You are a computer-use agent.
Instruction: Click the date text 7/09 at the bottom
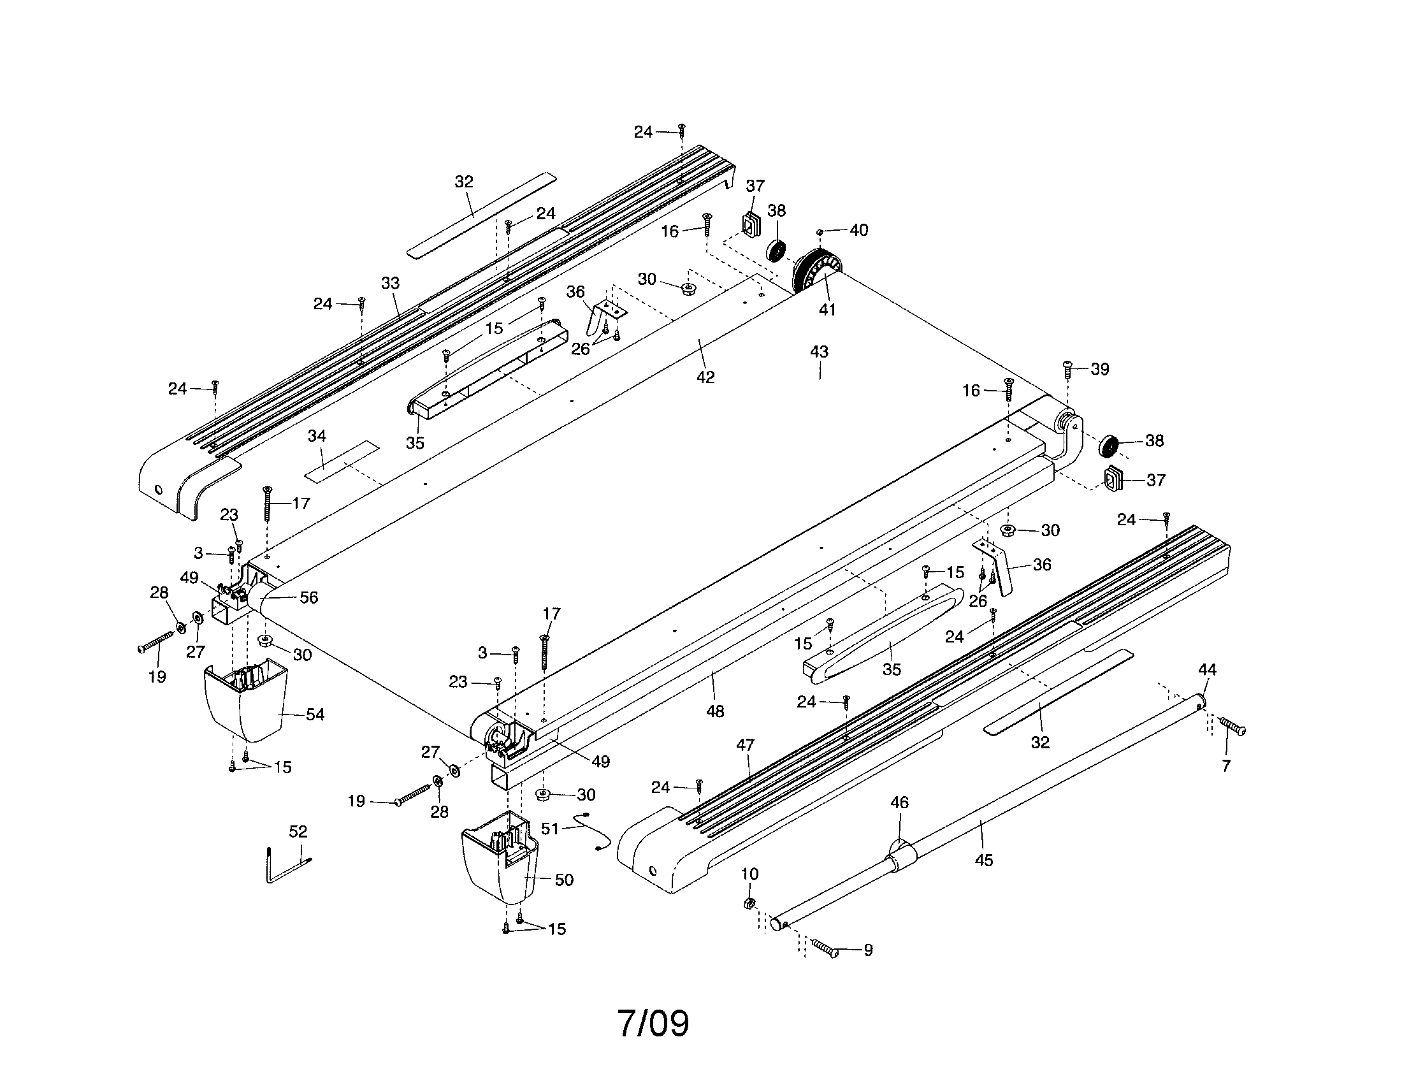pyautogui.click(x=653, y=1023)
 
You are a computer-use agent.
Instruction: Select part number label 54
pyautogui.click(x=315, y=714)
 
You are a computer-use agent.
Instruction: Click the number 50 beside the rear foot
pyautogui.click(x=563, y=880)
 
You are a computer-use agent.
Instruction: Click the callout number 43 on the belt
pyautogui.click(x=819, y=352)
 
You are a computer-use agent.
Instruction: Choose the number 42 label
pyautogui.click(x=705, y=377)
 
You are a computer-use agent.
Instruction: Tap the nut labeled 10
pyautogui.click(x=748, y=903)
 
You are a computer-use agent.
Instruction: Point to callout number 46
pyautogui.click(x=899, y=802)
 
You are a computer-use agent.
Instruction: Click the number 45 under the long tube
pyautogui.click(x=983, y=860)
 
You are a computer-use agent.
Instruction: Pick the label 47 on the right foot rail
pyautogui.click(x=746, y=744)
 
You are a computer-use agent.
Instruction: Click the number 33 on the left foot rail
pyautogui.click(x=390, y=282)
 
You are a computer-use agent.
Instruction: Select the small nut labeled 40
pyautogui.click(x=820, y=231)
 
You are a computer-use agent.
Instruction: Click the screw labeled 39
pyautogui.click(x=1067, y=370)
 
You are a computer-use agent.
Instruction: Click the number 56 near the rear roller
pyautogui.click(x=309, y=597)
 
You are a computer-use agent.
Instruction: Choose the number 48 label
pyautogui.click(x=715, y=711)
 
